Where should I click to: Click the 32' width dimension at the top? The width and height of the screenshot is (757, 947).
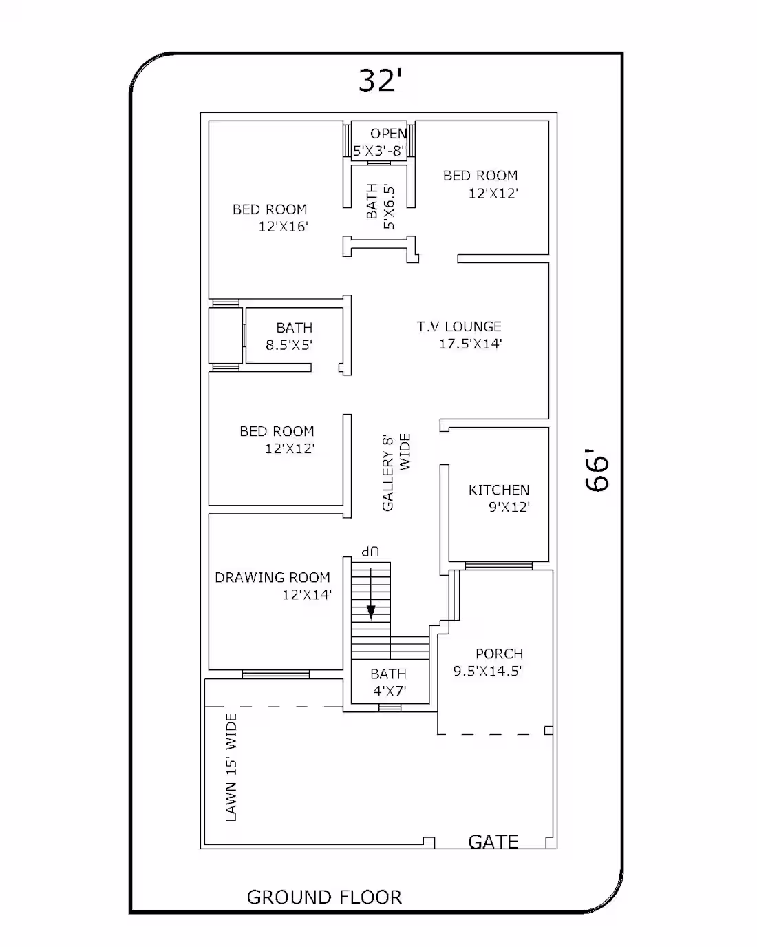point(380,80)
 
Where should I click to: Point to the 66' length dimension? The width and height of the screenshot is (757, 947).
point(597,470)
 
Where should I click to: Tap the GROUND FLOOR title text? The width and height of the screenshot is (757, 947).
point(324,897)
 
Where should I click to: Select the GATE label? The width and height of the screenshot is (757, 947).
point(493,842)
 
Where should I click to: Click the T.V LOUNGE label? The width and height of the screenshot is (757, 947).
point(459,326)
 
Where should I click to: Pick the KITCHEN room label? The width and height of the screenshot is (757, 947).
point(498,490)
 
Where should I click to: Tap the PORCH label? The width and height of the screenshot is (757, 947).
point(499,654)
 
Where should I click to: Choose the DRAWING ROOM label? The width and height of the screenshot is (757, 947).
point(273,577)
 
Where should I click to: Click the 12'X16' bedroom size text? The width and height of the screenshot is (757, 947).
point(283,227)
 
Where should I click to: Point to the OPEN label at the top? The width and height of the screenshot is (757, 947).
point(388,134)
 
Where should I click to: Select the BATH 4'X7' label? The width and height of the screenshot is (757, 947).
point(388,682)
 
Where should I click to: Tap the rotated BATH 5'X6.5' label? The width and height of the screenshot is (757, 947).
point(381,207)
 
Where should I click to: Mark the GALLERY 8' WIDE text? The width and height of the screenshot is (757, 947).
point(396,472)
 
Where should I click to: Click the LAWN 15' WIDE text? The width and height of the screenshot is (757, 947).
point(231,767)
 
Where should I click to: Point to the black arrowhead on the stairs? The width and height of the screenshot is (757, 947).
point(371,612)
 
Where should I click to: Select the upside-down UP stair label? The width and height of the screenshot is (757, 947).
point(370,552)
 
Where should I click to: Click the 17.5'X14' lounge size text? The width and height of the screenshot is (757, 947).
point(470,344)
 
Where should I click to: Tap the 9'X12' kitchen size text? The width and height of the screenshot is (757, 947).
point(509,507)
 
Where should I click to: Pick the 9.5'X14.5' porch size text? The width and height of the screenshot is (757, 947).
point(487,671)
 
